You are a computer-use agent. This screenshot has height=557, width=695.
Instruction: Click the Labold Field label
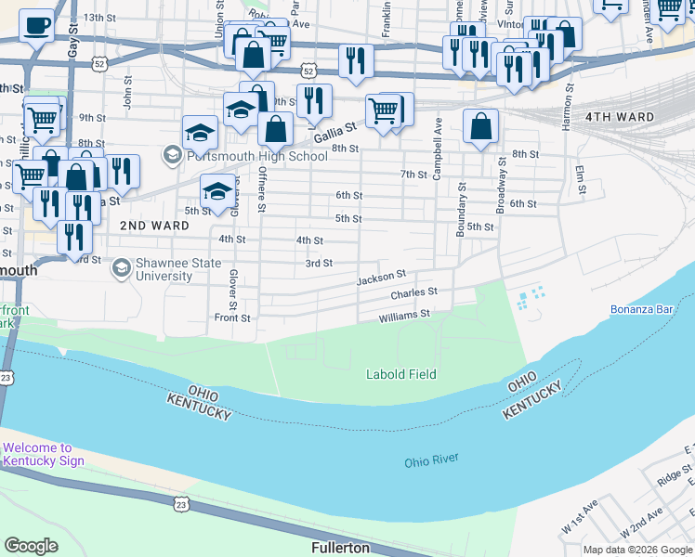[400, 374]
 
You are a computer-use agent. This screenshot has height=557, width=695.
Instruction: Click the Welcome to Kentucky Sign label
[43, 454]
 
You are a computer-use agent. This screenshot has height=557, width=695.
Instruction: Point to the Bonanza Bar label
[641, 309]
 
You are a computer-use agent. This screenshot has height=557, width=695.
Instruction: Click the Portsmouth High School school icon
[172, 154]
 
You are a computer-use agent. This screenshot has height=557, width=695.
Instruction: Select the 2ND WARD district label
[154, 226]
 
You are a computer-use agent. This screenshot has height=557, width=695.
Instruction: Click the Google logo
[31, 546]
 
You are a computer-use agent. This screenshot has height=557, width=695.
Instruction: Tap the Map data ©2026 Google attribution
[637, 550]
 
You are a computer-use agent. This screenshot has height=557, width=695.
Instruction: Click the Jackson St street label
[382, 277]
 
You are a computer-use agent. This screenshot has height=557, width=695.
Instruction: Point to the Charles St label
[413, 293]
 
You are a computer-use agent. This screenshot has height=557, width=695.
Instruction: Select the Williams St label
[404, 315]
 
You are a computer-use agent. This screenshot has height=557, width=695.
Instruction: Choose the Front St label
[232, 317]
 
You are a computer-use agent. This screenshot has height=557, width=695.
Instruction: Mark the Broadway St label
[502, 183]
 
